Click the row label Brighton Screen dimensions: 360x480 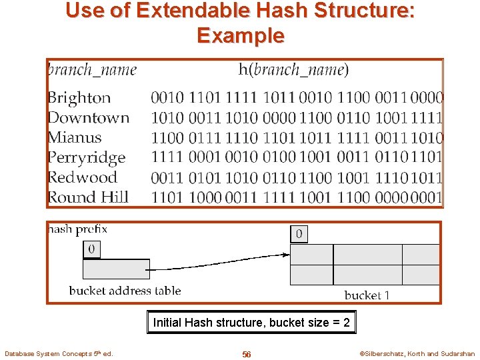click(79, 98)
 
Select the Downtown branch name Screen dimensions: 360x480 click(88, 118)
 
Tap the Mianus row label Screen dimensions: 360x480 click(74, 138)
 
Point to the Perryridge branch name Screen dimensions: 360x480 click(86, 158)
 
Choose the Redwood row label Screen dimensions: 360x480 click(82, 177)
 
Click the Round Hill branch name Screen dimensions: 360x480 click(87, 197)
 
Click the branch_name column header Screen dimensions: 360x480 click(91, 70)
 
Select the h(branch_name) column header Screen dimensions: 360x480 click(293, 70)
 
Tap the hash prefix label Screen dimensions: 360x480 click(77, 229)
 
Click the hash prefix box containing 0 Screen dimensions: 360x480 click(91, 249)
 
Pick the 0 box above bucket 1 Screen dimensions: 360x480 click(299, 234)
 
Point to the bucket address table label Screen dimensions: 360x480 click(125, 291)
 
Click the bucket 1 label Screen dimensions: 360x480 click(367, 295)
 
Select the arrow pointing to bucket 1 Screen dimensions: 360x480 click(220, 262)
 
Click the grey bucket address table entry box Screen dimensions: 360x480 click(116, 269)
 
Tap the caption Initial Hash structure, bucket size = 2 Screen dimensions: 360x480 click(251, 323)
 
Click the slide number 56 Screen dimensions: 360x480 click(246, 354)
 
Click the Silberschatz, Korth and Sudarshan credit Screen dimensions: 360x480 click(417, 354)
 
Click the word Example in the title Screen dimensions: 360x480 click(240, 35)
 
